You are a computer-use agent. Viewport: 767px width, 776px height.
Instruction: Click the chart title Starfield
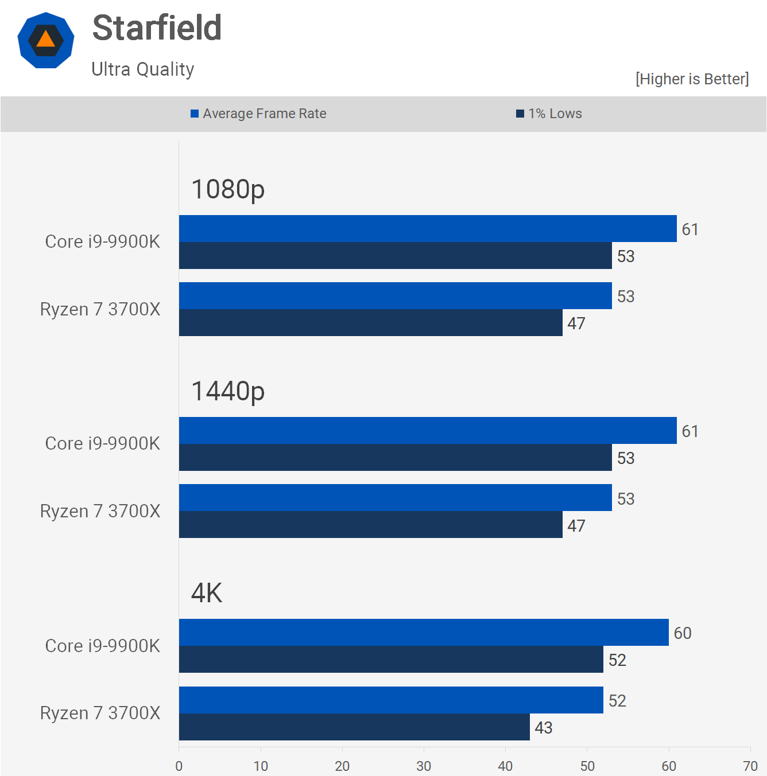click(157, 28)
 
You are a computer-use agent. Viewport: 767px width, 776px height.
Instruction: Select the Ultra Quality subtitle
click(143, 69)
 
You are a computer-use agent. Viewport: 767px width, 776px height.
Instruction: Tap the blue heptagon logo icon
click(46, 40)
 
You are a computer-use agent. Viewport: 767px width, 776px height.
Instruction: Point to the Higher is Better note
click(692, 79)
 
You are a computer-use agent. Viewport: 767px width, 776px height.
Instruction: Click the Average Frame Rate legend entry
click(259, 114)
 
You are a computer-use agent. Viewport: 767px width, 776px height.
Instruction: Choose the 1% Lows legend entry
click(549, 114)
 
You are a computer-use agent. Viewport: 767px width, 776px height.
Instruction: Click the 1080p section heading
click(228, 189)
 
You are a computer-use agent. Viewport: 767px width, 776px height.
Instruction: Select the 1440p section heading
click(228, 391)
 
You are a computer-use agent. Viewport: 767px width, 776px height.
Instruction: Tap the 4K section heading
click(207, 593)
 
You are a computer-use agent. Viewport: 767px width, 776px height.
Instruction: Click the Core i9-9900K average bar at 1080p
click(428, 229)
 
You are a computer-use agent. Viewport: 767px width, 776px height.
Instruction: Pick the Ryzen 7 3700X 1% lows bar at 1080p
click(370, 323)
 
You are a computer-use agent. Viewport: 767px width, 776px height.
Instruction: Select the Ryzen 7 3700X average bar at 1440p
click(395, 498)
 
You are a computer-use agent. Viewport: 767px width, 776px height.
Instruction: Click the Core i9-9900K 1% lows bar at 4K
click(391, 660)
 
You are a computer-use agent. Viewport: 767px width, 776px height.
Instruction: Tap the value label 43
click(543, 728)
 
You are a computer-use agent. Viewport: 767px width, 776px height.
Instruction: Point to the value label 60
click(683, 633)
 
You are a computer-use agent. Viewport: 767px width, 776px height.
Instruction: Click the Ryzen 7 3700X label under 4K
click(100, 713)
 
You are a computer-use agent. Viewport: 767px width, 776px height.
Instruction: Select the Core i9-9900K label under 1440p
click(103, 443)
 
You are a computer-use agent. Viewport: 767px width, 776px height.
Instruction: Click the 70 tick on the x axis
click(750, 766)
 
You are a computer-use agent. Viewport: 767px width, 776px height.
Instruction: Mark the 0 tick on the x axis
click(179, 766)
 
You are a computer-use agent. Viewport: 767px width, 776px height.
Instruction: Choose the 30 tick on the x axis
click(424, 766)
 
